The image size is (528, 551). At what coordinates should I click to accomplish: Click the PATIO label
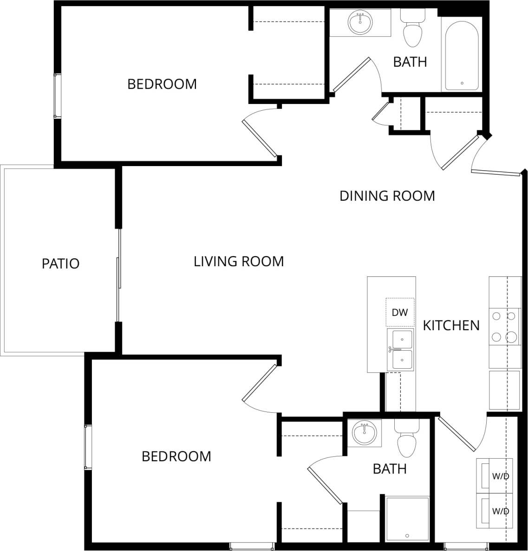tap(60, 263)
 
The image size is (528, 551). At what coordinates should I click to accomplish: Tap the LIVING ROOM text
tap(239, 262)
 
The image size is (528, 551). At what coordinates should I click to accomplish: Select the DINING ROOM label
tap(387, 196)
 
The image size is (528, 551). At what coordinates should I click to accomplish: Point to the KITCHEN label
tap(451, 326)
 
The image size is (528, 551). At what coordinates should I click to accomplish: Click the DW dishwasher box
tap(399, 312)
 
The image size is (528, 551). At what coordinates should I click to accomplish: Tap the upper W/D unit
tap(495, 475)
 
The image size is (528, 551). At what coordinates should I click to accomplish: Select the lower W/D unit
tap(495, 511)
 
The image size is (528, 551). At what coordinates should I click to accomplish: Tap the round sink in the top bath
tap(360, 23)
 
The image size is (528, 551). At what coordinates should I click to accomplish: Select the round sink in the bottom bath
tap(364, 433)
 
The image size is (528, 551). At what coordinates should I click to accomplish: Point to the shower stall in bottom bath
tap(407, 519)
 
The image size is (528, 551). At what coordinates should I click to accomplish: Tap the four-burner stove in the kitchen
tap(504, 327)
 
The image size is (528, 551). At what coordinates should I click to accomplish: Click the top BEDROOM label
tap(162, 84)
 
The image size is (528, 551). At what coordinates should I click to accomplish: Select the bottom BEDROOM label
tap(176, 456)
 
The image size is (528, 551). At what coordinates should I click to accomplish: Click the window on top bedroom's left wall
tap(57, 96)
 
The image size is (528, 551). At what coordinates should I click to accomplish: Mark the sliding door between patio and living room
tap(118, 275)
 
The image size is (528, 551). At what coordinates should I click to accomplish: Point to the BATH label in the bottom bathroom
tap(390, 469)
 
